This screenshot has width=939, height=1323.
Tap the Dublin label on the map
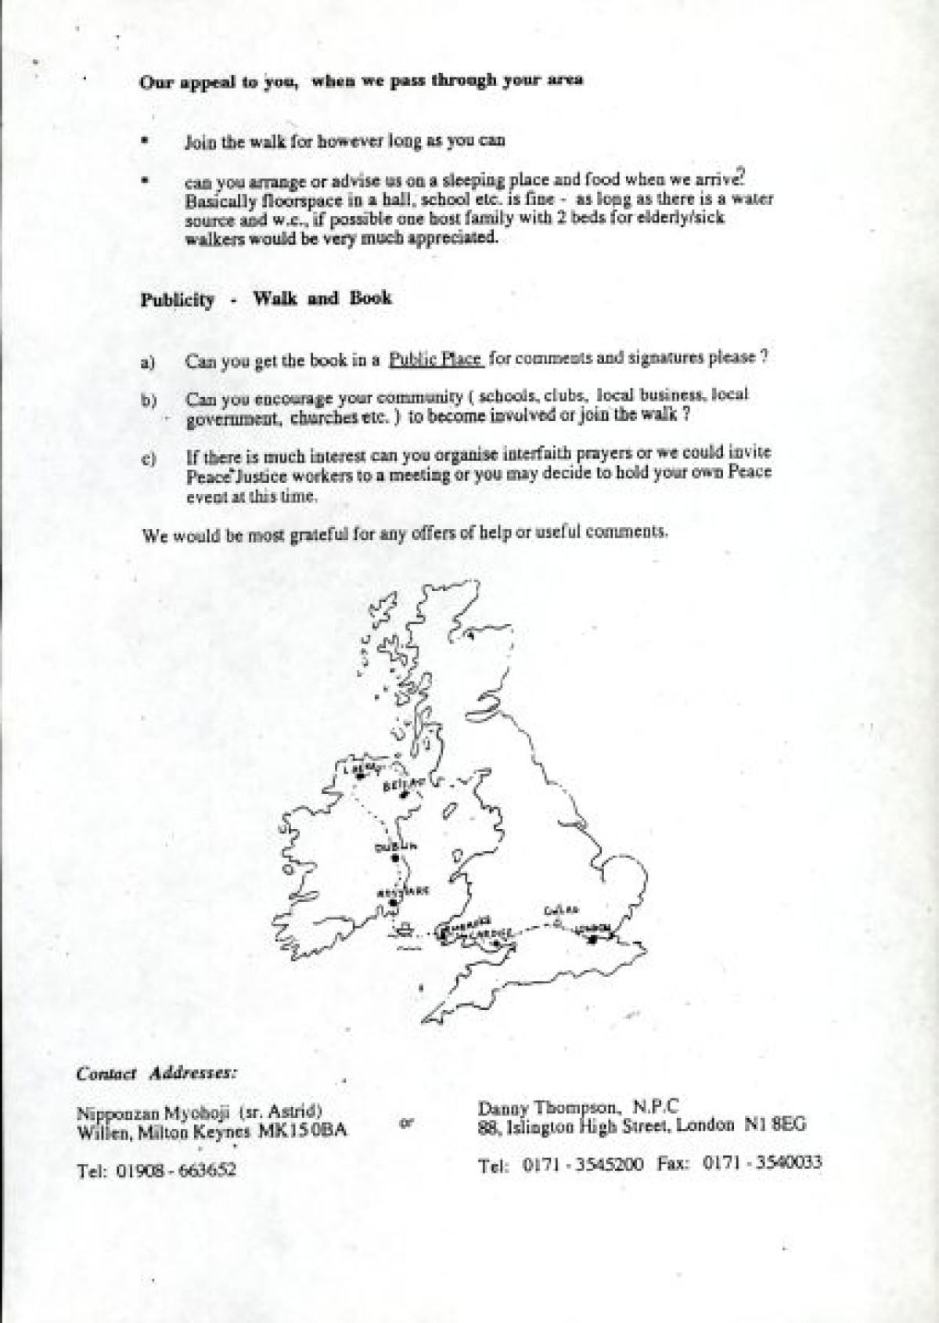click(391, 847)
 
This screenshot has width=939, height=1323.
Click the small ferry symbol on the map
click(405, 930)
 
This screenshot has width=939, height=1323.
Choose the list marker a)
click(149, 362)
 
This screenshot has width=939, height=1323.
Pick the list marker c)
click(149, 460)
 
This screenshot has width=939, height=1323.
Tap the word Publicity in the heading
click(177, 300)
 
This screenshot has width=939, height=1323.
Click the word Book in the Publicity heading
click(370, 298)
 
